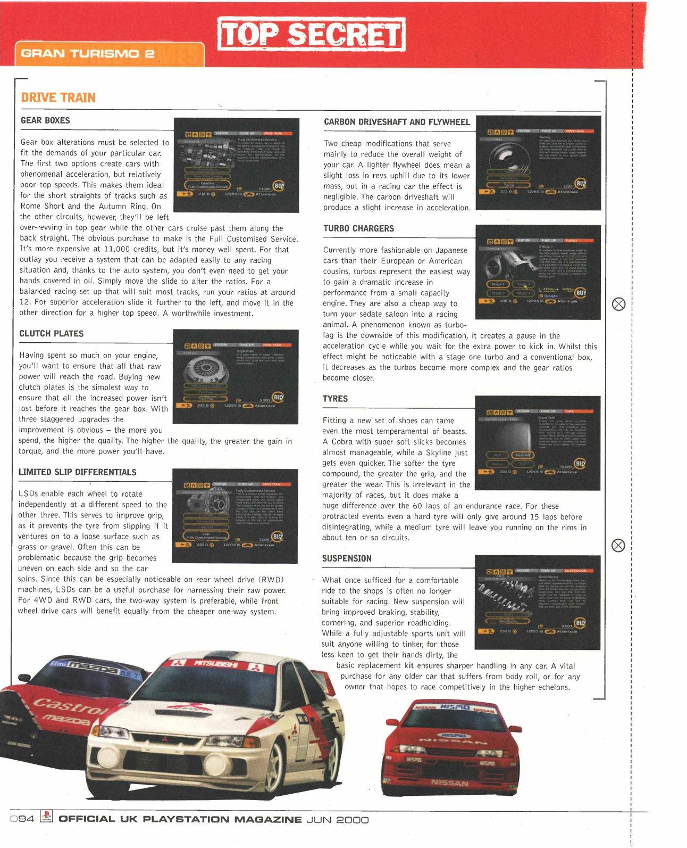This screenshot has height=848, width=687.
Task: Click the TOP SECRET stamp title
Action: point(311,35)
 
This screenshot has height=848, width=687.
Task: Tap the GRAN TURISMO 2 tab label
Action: point(88,54)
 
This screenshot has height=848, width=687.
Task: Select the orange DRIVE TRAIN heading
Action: point(58,98)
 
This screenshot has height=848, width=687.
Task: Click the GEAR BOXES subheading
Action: point(45,120)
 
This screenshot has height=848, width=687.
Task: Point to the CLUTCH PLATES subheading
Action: point(52,334)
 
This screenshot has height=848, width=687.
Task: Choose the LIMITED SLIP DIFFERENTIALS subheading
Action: point(77,472)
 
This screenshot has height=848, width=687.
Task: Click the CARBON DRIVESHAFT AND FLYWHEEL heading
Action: point(397,122)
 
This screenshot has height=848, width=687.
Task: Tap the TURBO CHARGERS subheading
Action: point(358,228)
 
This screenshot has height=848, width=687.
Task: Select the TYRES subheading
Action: point(335,399)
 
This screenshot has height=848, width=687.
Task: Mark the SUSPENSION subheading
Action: point(347,558)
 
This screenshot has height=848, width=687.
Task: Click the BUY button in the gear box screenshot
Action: point(279,186)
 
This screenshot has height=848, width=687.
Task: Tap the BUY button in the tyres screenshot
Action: point(580,464)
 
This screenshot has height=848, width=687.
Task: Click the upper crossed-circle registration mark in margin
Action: point(618,304)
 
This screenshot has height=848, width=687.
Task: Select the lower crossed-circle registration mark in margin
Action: point(618,546)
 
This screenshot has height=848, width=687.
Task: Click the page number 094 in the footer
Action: point(22,819)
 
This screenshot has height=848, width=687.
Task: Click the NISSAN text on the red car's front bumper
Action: point(450,783)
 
